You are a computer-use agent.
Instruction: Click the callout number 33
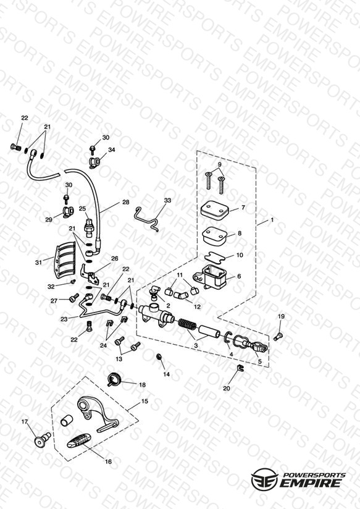[x=167, y=200]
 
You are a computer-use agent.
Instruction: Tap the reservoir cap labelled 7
[x=216, y=209]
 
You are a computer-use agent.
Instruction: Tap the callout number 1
[x=272, y=220]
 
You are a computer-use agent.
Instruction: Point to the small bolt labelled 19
[x=278, y=337]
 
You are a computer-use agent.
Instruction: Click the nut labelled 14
[x=159, y=357]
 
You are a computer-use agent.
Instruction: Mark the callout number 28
[x=126, y=202]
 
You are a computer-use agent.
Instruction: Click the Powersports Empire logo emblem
[x=264, y=479]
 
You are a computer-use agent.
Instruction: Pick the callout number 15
[x=144, y=402]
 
